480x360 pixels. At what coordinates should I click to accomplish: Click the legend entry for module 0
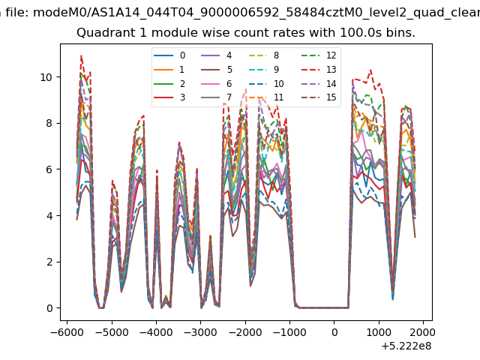click(x=169, y=55)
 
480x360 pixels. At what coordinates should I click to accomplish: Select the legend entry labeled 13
click(x=319, y=70)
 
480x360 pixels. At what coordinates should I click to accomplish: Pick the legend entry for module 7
click(x=216, y=97)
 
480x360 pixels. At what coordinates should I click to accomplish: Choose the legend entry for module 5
click(x=217, y=70)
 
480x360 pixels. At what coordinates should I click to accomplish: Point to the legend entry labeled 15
click(x=319, y=97)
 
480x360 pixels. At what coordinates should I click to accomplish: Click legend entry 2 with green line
click(x=169, y=83)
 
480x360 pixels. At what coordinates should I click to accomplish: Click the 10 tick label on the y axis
click(x=46, y=77)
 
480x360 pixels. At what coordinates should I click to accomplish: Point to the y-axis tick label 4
click(x=49, y=216)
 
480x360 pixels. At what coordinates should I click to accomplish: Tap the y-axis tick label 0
click(x=49, y=308)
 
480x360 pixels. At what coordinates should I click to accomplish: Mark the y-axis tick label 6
click(x=49, y=169)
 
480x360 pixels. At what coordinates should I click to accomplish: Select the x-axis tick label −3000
click(x=200, y=332)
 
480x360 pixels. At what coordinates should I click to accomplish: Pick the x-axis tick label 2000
click(x=423, y=332)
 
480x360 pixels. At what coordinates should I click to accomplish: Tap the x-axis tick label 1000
click(x=379, y=332)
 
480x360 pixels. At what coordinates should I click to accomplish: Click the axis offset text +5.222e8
click(x=406, y=346)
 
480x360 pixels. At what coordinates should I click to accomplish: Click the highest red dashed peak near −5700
click(x=81, y=55)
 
